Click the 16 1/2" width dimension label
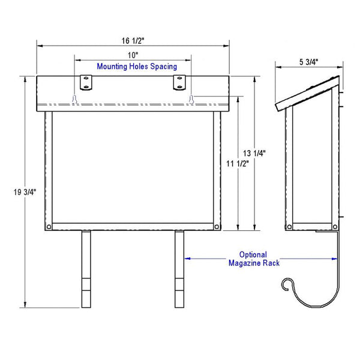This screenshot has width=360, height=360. click(x=133, y=41)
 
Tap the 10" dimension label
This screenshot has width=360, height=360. click(x=133, y=55)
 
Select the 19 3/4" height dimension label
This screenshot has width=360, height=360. click(x=25, y=192)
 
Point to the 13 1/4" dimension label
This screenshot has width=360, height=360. click(x=254, y=153)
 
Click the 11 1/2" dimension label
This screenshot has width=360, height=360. click(x=238, y=164)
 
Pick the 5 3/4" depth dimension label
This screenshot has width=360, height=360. click(x=308, y=62)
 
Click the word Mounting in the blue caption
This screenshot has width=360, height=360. click(x=112, y=67)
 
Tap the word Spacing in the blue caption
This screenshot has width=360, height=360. click(x=163, y=67)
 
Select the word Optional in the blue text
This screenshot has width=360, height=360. click(x=253, y=254)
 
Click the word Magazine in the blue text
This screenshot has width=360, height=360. click(x=245, y=263)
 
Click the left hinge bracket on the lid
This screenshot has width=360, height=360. click(x=86, y=83)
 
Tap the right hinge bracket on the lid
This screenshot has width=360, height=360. click(x=179, y=83)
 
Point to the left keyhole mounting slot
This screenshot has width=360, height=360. click(x=74, y=99)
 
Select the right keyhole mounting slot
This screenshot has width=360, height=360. click(x=191, y=99)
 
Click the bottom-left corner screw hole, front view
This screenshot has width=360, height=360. click(x=49, y=227)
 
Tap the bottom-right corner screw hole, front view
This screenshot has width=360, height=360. click(x=217, y=227)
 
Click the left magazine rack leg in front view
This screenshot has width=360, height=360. click(x=86, y=269)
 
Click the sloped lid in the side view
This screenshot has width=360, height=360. click(x=307, y=93)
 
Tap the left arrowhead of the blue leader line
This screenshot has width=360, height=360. click(x=187, y=259)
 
